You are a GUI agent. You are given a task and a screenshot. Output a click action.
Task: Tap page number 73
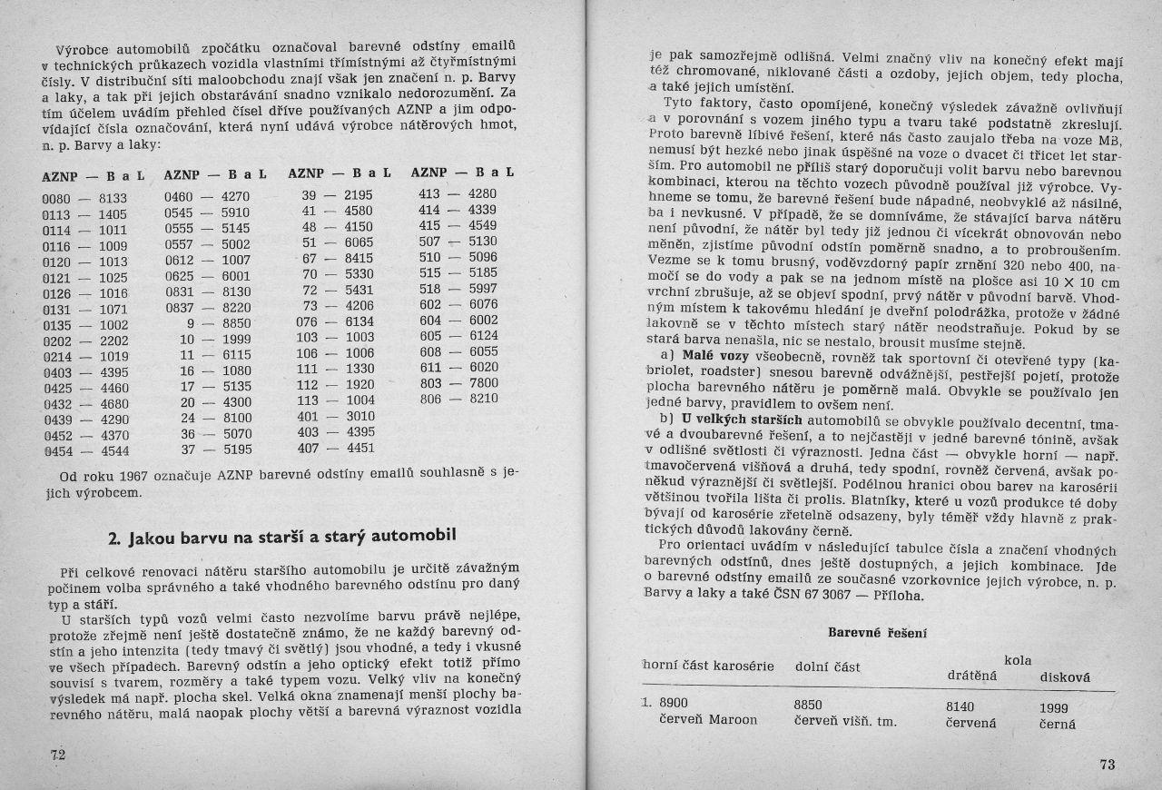pos(1107,765)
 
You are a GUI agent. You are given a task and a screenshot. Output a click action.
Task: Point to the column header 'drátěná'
pos(971,676)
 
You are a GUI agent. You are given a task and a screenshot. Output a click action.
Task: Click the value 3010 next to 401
pos(359,416)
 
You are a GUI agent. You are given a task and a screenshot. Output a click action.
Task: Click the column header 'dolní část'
pos(826,667)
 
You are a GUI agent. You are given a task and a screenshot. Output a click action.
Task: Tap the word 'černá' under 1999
pos(1057,724)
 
